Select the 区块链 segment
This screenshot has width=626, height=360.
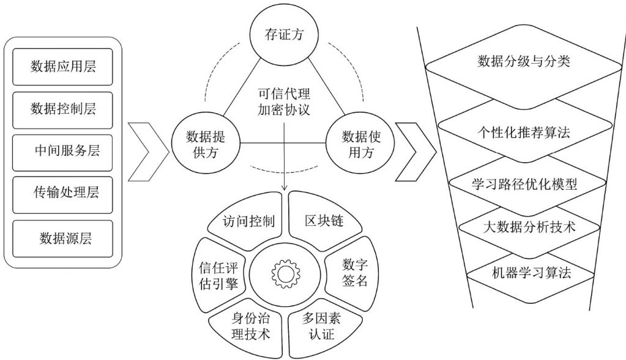(323, 220)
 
